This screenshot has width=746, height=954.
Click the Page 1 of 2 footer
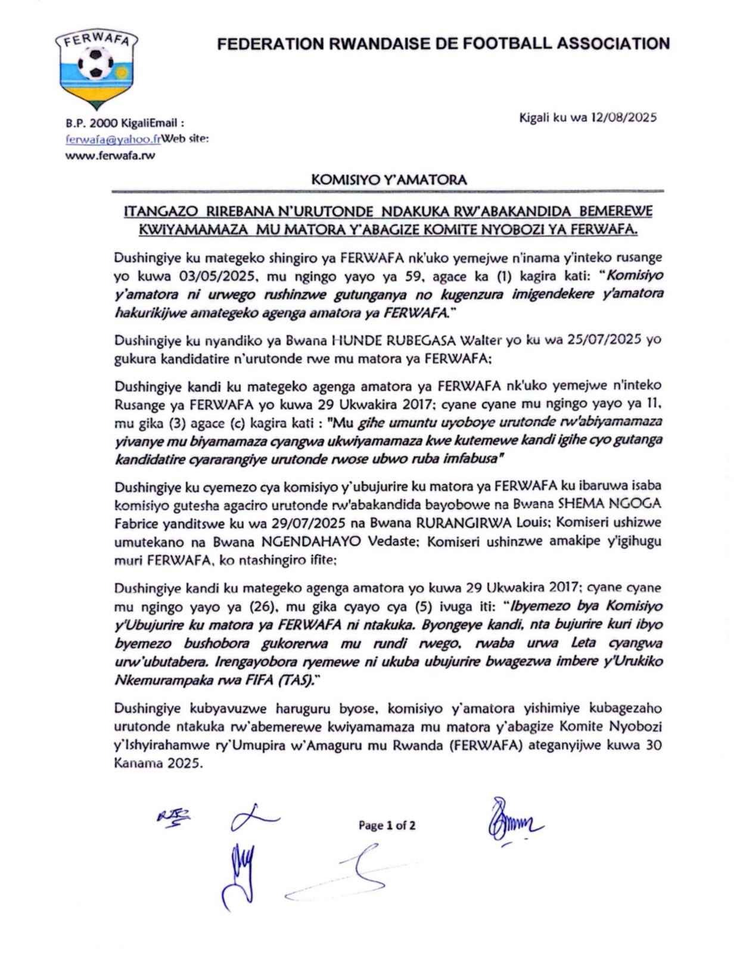tap(387, 825)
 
